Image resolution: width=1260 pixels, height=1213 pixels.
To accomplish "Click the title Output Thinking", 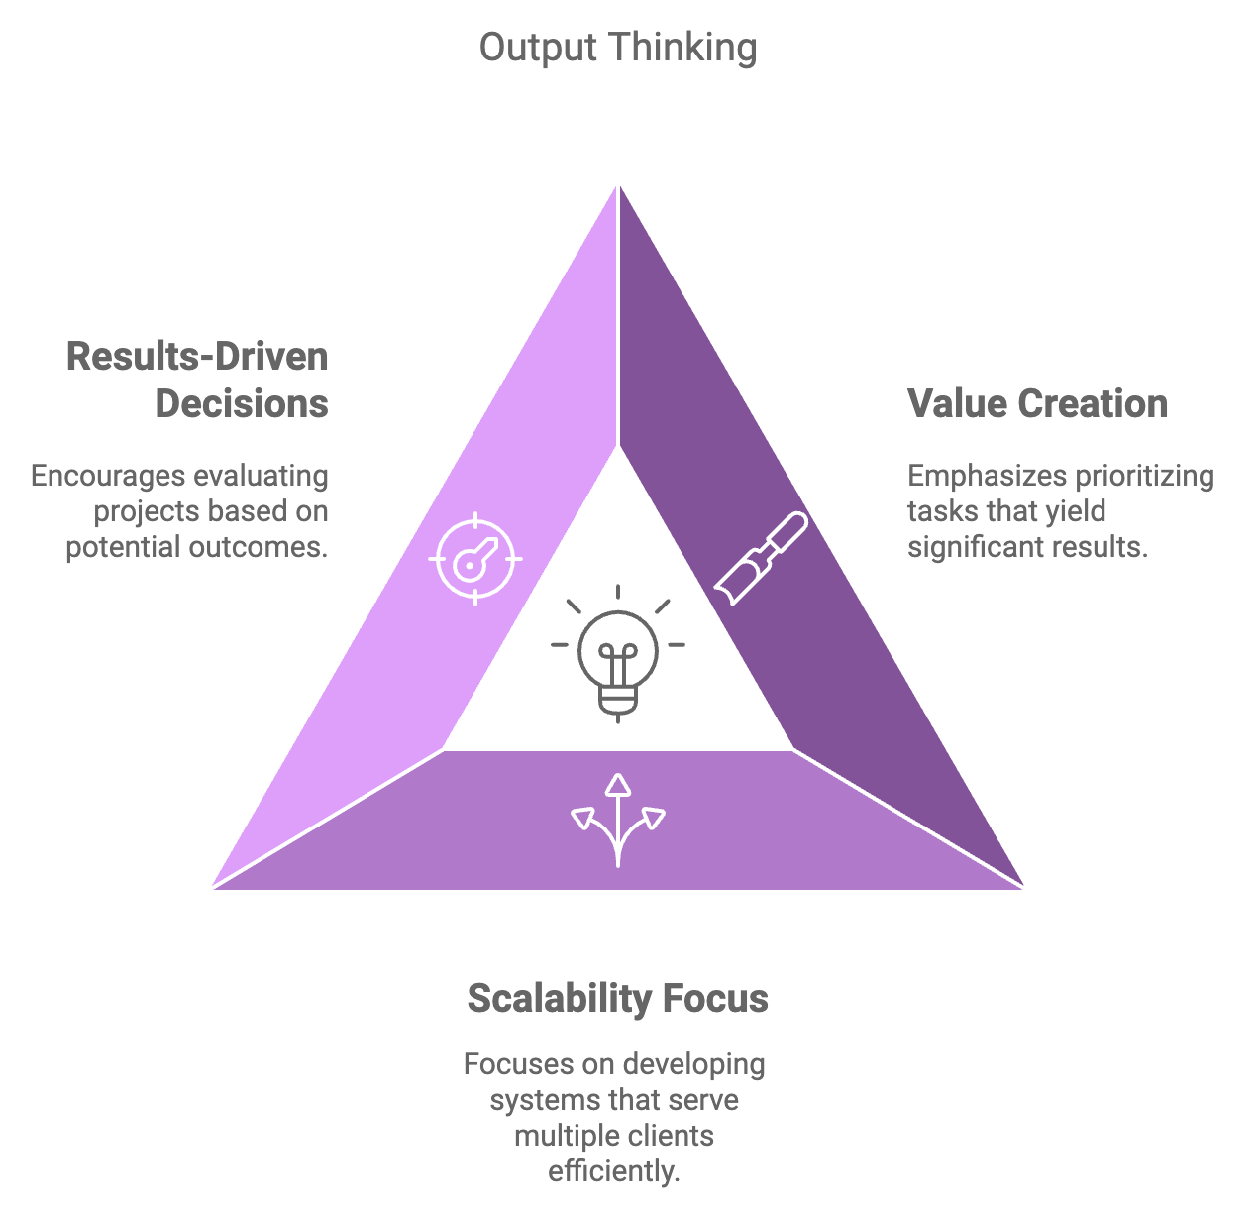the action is point(618,48).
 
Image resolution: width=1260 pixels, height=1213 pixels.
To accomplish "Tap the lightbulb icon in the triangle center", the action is point(618,654).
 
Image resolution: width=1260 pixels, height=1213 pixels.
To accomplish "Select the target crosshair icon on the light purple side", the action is point(475,559).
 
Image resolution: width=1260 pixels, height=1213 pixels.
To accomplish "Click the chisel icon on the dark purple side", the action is point(761,558).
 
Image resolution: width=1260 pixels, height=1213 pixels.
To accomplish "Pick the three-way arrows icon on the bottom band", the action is point(618,820).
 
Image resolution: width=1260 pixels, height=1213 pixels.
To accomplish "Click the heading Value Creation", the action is point(1037,404).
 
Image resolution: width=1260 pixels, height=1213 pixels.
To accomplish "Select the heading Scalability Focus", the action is point(618,998).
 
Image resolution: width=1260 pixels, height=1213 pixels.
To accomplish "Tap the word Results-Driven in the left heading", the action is point(197,356).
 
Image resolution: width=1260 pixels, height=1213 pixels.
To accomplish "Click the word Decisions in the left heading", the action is point(242,404).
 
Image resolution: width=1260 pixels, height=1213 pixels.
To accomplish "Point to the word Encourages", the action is point(108,476).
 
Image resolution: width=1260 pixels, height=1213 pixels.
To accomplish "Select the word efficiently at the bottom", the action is point(614,1171).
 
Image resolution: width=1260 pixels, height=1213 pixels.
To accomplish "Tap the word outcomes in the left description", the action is point(258,548).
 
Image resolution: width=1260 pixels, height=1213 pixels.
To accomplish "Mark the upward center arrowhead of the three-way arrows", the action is point(618,784).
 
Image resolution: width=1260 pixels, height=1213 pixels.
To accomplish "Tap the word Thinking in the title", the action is point(683,49).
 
